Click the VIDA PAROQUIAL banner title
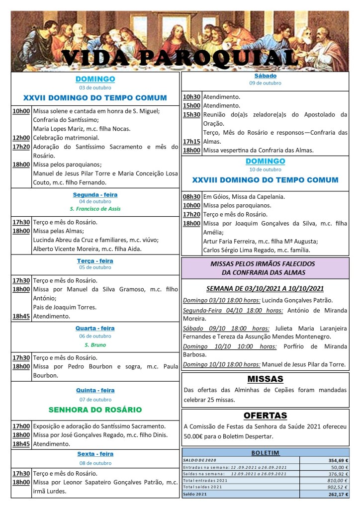(180, 58)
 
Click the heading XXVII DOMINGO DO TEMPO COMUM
(95, 97)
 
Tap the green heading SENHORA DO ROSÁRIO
(95, 410)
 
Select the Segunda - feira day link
(95, 194)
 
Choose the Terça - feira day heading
(95, 260)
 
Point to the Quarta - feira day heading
(95, 328)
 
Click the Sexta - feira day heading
(95, 453)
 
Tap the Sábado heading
(265, 76)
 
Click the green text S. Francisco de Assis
(95, 209)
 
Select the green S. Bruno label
(95, 344)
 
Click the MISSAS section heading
(265, 379)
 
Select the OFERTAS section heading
(265, 415)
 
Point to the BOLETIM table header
(265, 453)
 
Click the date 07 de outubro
(95, 399)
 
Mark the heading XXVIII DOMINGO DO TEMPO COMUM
(265, 180)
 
